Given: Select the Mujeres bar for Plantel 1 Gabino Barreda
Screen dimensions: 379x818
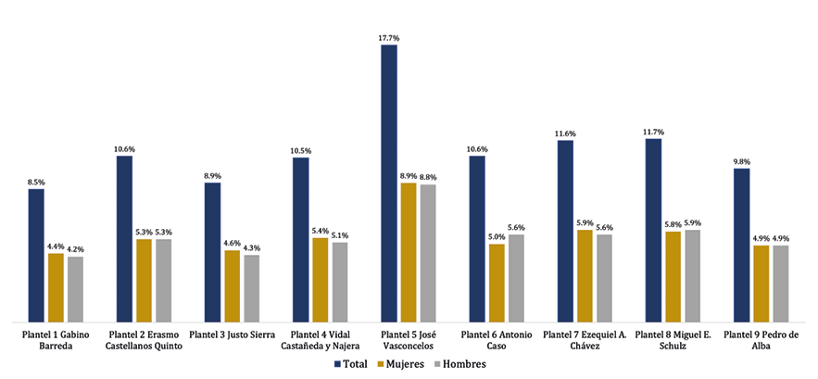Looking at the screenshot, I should [56, 286].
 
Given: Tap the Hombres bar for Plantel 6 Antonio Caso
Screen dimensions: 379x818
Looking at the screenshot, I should [516, 277].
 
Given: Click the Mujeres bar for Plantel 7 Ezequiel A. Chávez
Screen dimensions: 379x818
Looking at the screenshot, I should [585, 274].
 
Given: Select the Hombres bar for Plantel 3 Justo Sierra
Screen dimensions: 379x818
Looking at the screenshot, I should [251, 287].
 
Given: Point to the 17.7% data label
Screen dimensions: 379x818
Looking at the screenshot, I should [389, 38].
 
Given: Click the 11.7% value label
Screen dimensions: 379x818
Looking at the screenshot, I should [653, 132].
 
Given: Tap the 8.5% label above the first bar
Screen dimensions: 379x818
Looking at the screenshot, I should [36, 182].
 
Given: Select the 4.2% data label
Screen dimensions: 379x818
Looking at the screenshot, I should [76, 249].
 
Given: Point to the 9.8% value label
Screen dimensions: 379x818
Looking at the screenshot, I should [741, 161].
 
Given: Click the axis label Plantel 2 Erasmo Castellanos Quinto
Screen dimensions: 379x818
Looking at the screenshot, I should [144, 340].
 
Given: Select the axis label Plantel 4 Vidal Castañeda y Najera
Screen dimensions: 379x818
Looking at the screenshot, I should [320, 340].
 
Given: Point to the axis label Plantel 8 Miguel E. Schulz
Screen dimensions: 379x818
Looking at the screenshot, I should [673, 340].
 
